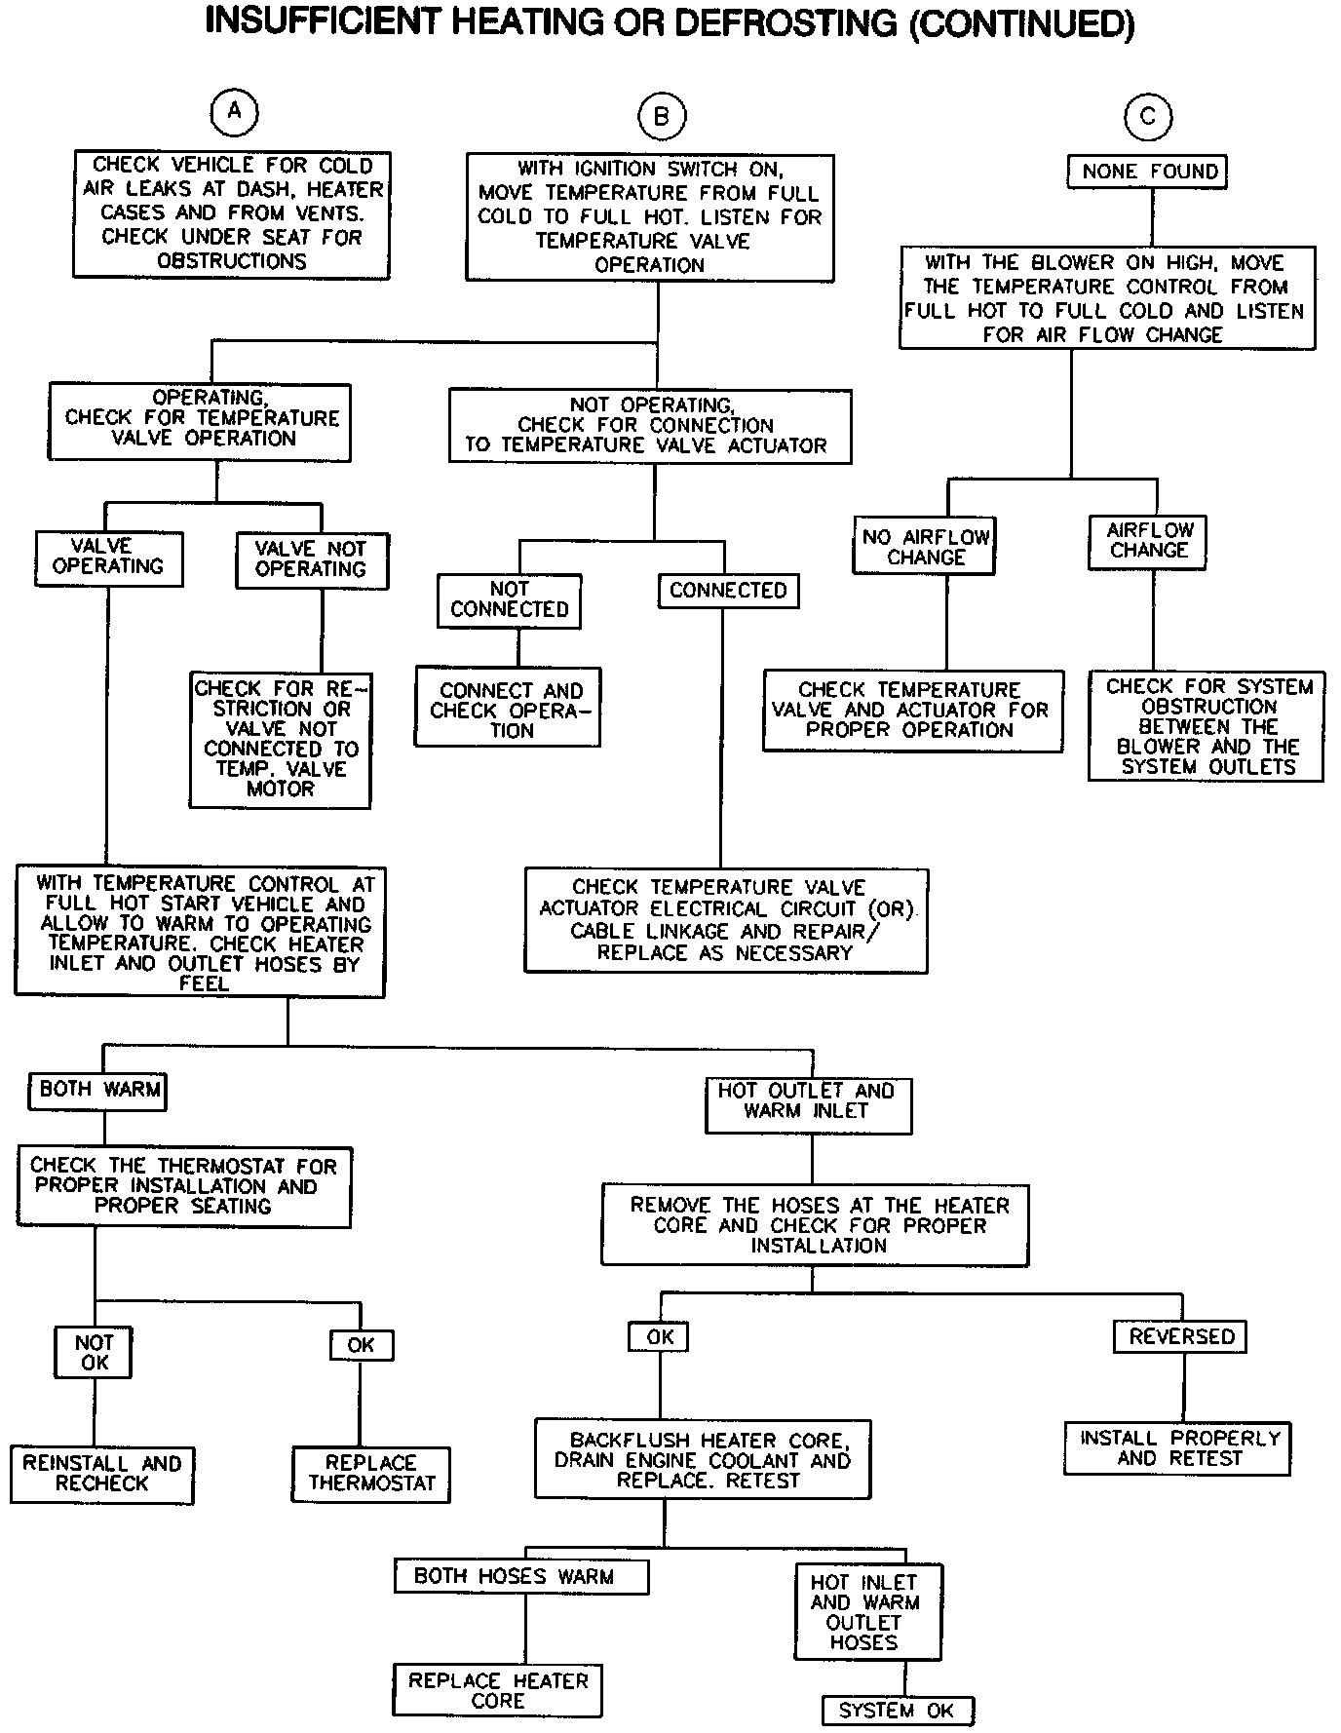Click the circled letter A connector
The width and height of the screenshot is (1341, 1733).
click(x=234, y=112)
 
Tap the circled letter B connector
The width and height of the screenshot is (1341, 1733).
click(x=662, y=117)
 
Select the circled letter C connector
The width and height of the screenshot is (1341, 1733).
click(x=1148, y=117)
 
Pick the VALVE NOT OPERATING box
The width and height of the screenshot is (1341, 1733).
click(x=312, y=559)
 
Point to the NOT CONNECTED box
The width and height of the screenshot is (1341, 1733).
click(x=510, y=599)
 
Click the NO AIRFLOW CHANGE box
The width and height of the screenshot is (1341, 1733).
click(x=925, y=545)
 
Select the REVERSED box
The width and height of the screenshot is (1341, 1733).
click(x=1180, y=1336)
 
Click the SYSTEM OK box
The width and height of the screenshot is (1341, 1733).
click(x=897, y=1710)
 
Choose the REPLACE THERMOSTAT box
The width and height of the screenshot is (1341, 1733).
click(x=371, y=1473)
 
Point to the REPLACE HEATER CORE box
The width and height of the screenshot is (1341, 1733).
click(x=498, y=1690)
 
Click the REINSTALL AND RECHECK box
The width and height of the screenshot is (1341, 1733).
click(x=102, y=1474)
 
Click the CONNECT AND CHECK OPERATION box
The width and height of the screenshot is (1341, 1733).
click(x=508, y=707)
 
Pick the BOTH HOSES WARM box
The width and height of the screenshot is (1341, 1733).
click(x=520, y=1576)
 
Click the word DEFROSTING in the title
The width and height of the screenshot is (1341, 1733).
click(x=785, y=23)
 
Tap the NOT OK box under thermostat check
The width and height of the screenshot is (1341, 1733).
click(x=94, y=1352)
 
